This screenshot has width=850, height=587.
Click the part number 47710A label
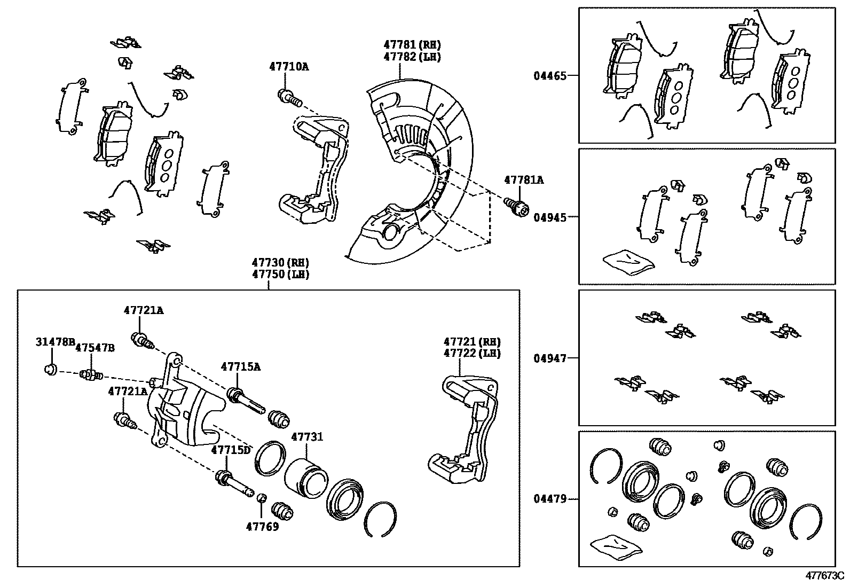(289, 67)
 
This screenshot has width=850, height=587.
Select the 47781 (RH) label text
(412, 45)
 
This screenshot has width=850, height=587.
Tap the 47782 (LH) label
(412, 57)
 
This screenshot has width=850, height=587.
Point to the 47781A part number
(524, 180)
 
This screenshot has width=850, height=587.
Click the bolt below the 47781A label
(517, 207)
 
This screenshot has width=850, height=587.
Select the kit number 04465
(550, 76)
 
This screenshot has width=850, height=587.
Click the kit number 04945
(550, 217)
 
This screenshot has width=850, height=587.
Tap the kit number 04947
(550, 358)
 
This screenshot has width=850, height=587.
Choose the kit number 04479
(550, 498)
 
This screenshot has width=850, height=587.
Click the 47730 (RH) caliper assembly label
(280, 262)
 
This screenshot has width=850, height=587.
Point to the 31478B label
(56, 342)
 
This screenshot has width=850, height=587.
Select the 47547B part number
(95, 348)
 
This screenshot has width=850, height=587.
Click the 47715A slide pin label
(241, 367)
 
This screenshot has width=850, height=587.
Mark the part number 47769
(262, 527)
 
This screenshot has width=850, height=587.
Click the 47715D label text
(231, 450)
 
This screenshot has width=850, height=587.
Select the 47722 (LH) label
(472, 353)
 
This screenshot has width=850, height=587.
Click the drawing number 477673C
(825, 576)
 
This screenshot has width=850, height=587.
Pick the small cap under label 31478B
(51, 369)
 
